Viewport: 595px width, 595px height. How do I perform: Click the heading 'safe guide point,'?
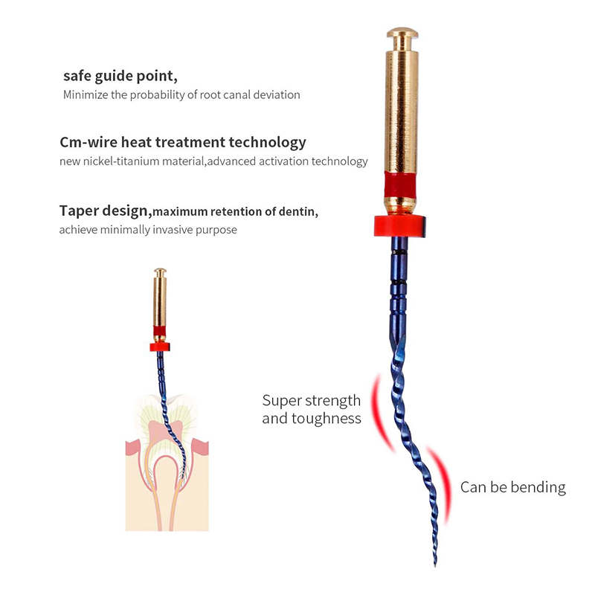pyautogui.click(x=120, y=76)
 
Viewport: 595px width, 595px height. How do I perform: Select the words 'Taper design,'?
pyautogui.click(x=106, y=210)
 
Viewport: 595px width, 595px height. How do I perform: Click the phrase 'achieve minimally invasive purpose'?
pyautogui.click(x=148, y=230)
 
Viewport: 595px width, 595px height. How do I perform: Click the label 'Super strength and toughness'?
pyautogui.click(x=311, y=409)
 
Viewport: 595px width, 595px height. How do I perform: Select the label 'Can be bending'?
pyautogui.click(x=512, y=487)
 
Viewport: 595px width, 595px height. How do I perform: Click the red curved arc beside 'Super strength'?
pyautogui.click(x=381, y=413)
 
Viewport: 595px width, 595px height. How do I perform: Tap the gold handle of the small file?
pyautogui.click(x=160, y=297)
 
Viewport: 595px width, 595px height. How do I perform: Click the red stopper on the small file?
pyautogui.click(x=159, y=346)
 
